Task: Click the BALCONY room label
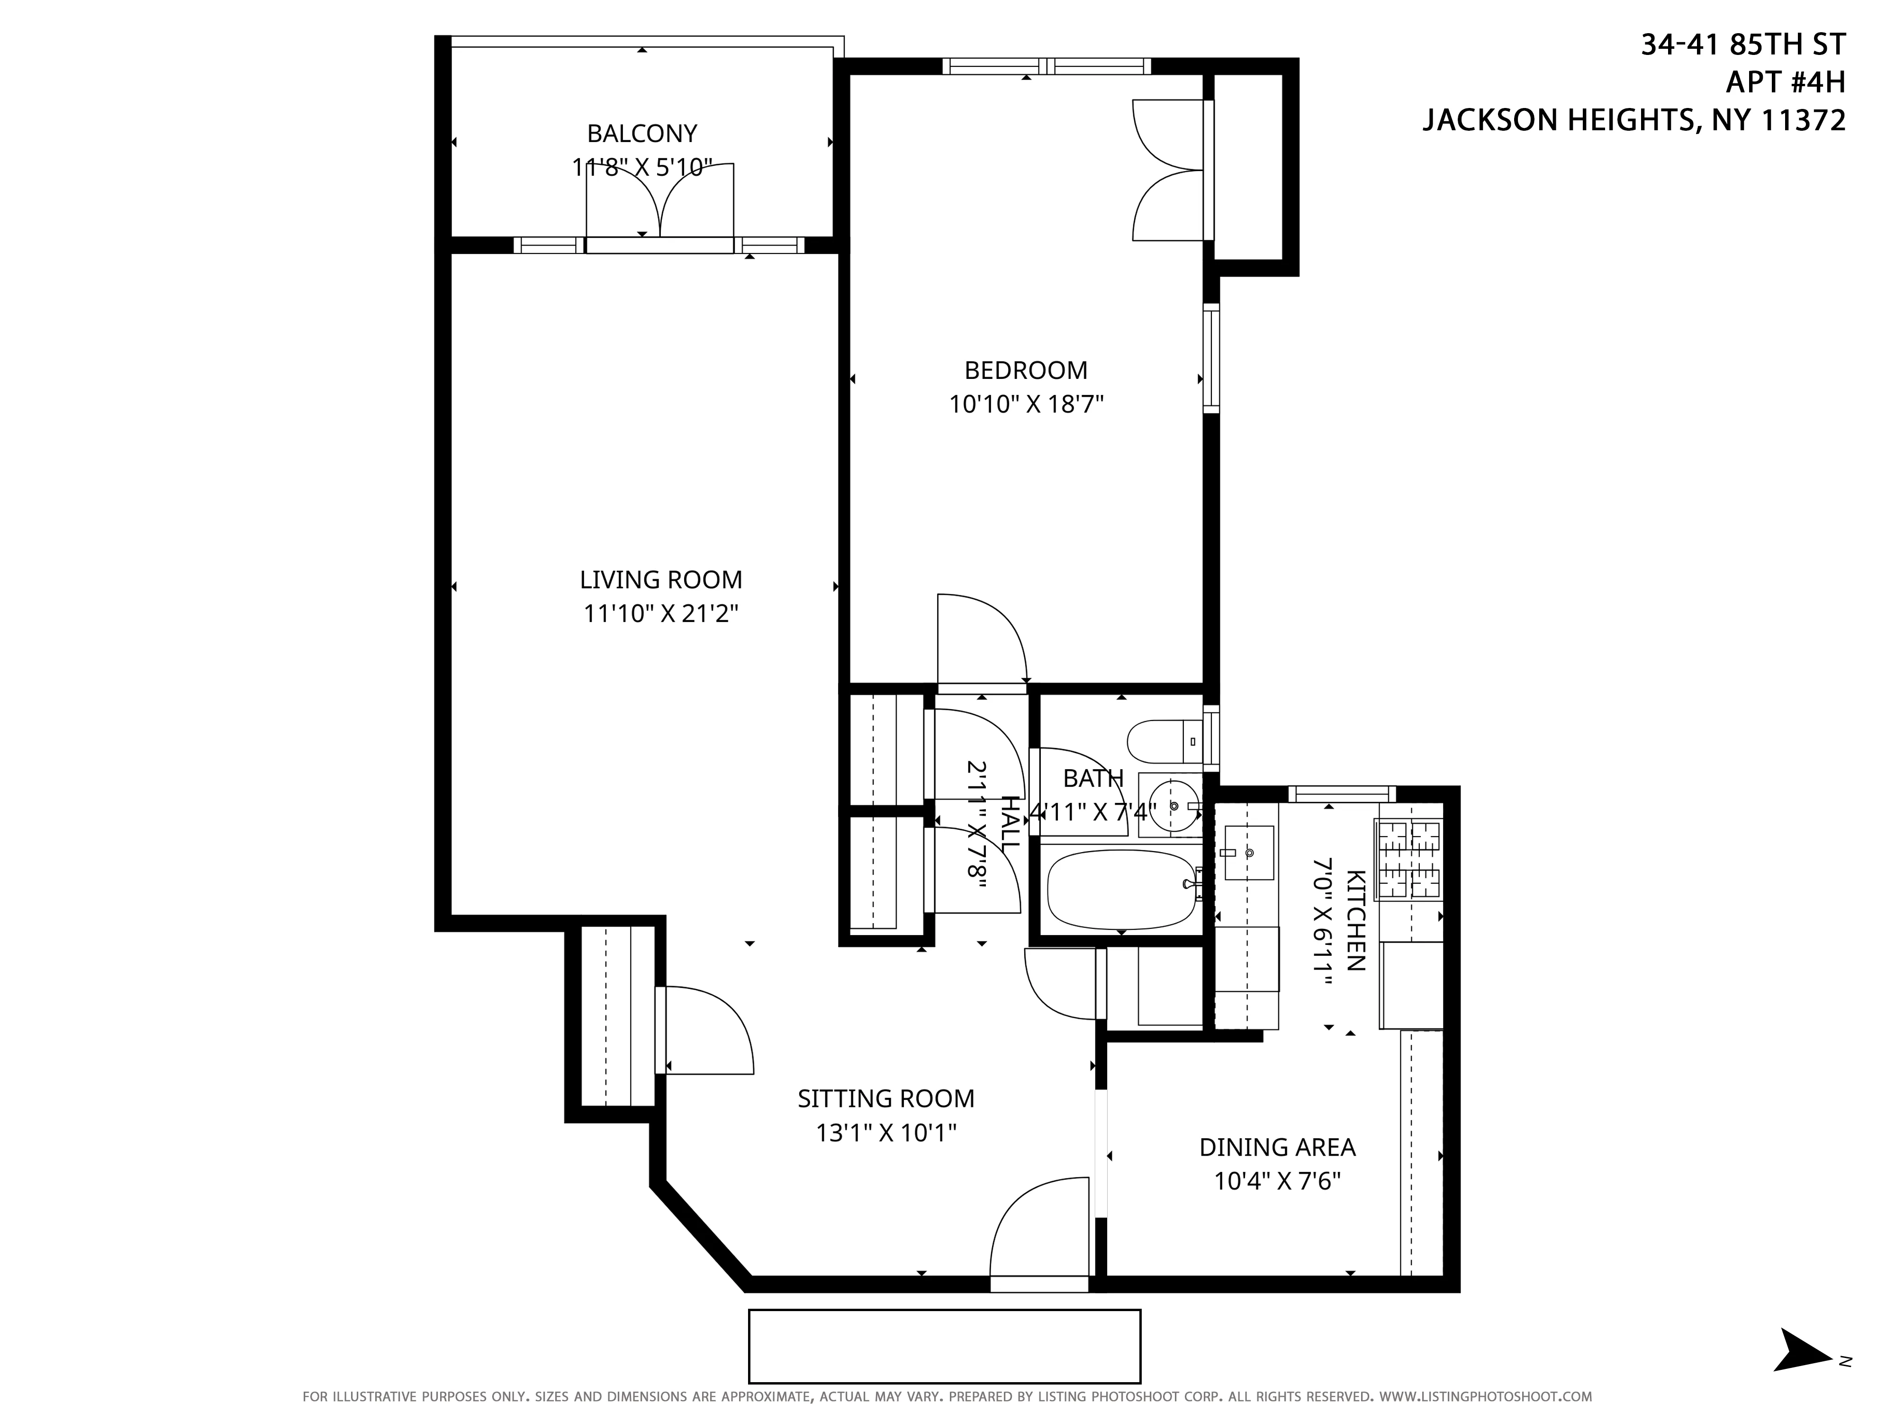(641, 134)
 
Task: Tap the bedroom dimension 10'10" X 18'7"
(1026, 405)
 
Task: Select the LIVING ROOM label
(660, 580)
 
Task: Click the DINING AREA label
(1276, 1147)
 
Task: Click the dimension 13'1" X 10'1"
(886, 1133)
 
